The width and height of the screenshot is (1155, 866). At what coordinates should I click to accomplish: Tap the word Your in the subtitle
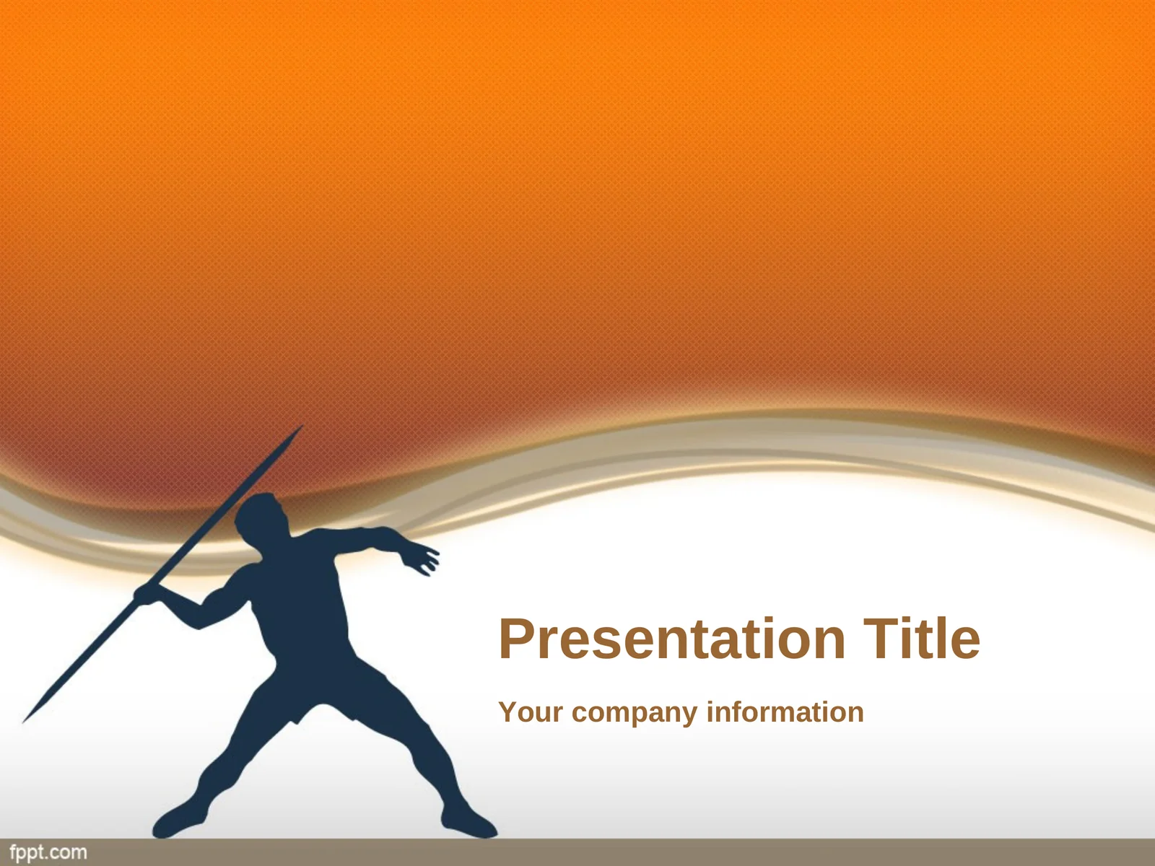click(x=531, y=712)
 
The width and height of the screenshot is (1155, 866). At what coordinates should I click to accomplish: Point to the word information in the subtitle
click(x=785, y=712)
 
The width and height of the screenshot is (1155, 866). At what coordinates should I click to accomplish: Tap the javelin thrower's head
click(x=261, y=516)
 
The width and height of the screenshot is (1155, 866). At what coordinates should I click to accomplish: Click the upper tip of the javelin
click(x=303, y=425)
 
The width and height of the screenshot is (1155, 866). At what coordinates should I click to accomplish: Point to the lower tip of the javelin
click(x=23, y=722)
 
